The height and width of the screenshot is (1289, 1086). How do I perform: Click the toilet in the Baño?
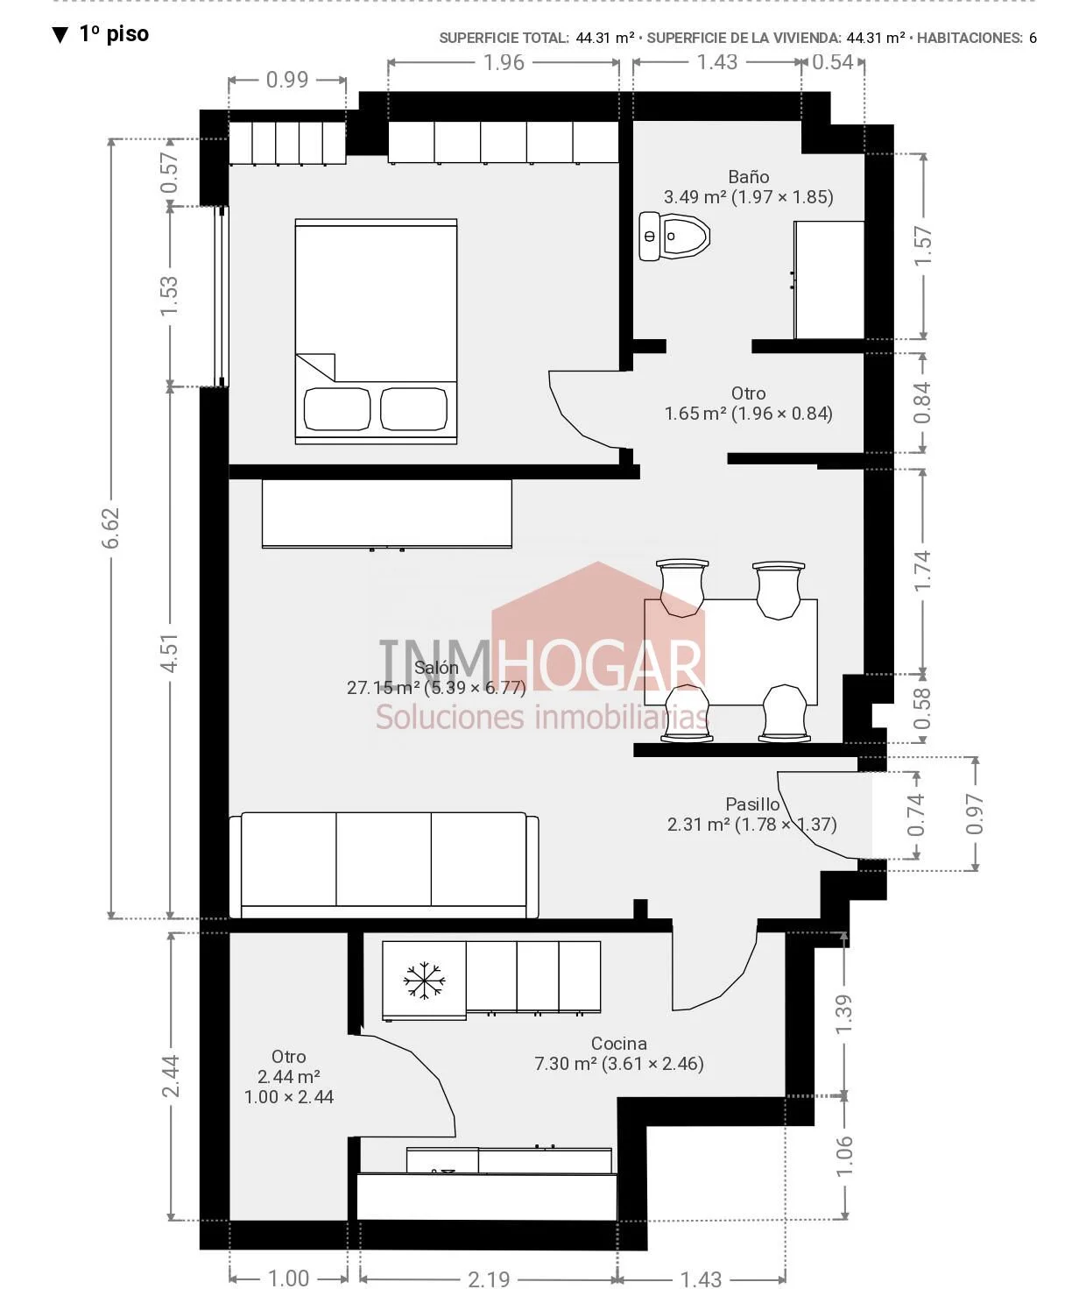click(x=673, y=236)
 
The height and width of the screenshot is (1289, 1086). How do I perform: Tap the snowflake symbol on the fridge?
click(x=424, y=981)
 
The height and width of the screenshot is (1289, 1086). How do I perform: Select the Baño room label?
click(x=749, y=177)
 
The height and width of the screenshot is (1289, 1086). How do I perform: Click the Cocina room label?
click(x=619, y=1044)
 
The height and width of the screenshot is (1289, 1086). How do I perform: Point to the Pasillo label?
click(x=752, y=804)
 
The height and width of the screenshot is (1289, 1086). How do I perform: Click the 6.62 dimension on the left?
click(x=111, y=528)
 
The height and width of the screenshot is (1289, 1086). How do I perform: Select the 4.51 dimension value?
click(x=169, y=653)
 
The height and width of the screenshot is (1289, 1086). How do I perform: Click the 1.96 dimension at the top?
click(x=504, y=62)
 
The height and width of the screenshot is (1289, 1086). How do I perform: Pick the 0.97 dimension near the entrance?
click(x=974, y=814)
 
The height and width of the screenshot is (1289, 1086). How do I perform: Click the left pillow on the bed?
click(x=337, y=408)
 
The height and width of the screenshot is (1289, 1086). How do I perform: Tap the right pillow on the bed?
click(x=414, y=408)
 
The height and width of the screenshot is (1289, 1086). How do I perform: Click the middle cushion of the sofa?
click(x=384, y=859)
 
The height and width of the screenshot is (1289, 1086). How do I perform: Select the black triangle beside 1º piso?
click(x=60, y=35)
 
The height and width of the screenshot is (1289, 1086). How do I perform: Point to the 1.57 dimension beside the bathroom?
click(x=922, y=245)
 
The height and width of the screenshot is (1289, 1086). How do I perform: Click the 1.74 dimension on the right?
click(x=922, y=570)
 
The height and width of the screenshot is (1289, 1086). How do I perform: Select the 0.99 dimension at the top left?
click(x=287, y=81)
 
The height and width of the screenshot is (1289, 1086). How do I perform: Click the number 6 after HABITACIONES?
click(x=1033, y=39)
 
